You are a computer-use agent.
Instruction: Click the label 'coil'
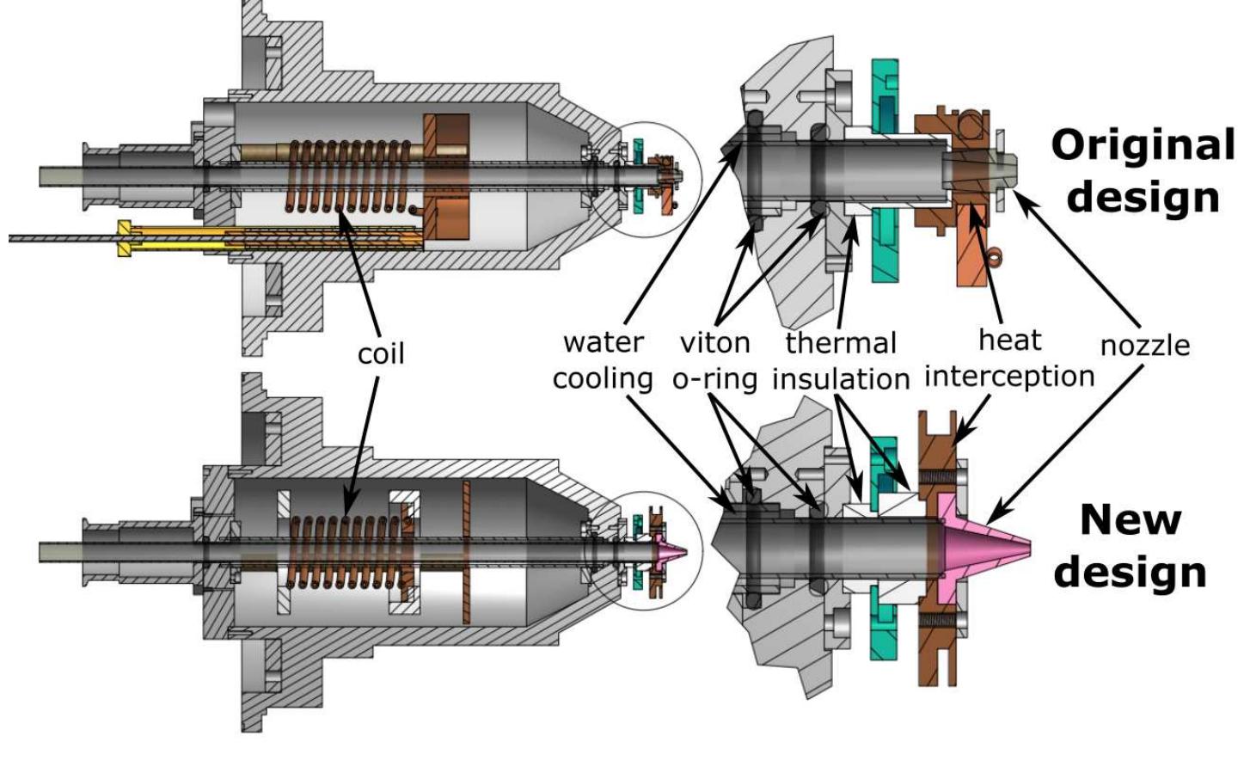tap(380, 353)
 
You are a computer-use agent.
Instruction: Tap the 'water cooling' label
tap(603, 360)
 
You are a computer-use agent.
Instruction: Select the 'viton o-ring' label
tap(714, 360)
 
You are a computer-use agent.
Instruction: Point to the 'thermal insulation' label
tap(841, 361)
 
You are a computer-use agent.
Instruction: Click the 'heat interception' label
tap(1009, 359)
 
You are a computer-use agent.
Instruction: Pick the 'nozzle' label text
tap(1145, 346)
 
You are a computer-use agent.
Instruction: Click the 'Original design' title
tap(1143, 171)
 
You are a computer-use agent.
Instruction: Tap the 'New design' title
tap(1130, 545)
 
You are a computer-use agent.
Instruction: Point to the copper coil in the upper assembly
tap(348, 176)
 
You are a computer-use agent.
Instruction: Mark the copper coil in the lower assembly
tap(344, 550)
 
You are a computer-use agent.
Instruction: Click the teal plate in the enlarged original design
tap(885, 172)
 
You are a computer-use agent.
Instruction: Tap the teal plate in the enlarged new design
tap(883, 550)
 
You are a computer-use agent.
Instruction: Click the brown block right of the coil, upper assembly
tap(446, 176)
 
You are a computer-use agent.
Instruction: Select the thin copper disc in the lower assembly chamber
tap(465, 550)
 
